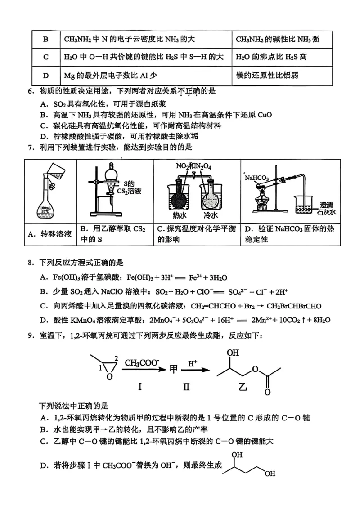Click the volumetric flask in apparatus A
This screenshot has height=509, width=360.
tap(49, 205)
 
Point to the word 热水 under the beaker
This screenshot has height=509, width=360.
tap(173, 215)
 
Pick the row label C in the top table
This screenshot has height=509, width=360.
tap(45, 57)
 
